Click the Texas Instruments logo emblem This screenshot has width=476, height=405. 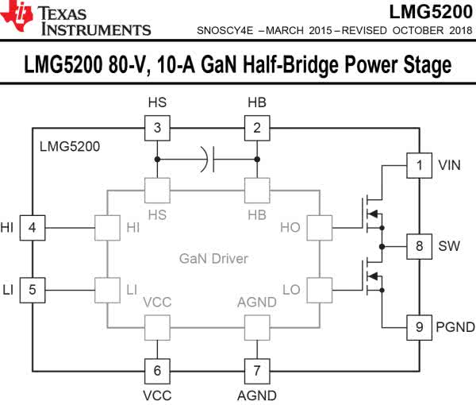coord(17,17)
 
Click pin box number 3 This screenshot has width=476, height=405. coord(157,127)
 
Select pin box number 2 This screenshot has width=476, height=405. coord(256,127)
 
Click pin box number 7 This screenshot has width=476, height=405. coord(256,370)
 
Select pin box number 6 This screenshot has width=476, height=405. coord(157,370)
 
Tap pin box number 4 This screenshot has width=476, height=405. coord(32,228)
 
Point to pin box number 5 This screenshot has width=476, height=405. coord(32,289)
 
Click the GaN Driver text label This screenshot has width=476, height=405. coord(213,259)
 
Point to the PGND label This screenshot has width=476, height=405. coord(455,326)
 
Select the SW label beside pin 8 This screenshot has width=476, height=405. coord(448,246)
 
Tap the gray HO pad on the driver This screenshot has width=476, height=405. coord(318,228)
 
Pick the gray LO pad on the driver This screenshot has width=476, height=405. coord(318,289)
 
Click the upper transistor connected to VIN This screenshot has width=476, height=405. coord(370,213)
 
